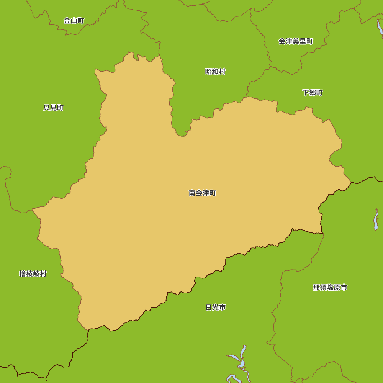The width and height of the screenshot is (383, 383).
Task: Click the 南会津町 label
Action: click(202, 193)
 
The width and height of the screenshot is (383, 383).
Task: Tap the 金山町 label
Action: click(74, 21)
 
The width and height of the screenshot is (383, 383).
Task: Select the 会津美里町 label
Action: click(296, 41)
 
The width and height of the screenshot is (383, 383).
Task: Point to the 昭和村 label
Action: click(215, 72)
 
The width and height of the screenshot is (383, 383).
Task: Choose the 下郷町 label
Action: click(313, 93)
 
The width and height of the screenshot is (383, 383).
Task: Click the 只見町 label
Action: click(54, 108)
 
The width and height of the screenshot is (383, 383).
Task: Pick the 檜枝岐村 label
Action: click(33, 274)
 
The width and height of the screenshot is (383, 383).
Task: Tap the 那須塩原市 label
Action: click(330, 287)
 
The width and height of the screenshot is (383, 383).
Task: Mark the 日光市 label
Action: click(216, 307)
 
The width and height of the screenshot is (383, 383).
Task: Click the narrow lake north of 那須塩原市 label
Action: click(376, 220)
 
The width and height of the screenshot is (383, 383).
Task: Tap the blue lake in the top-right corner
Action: click(380, 28)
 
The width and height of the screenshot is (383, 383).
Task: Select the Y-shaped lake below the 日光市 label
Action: click(241, 358)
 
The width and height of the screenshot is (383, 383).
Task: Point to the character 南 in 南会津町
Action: click(192, 193)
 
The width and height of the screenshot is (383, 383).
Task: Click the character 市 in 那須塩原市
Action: click(344, 287)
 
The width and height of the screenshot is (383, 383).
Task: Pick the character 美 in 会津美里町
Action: click(296, 41)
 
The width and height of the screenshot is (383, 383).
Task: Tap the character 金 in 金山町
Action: click(67, 21)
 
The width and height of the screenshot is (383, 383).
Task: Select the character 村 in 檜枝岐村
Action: click(43, 274)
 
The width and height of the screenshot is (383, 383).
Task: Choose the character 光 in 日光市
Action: click(216, 307)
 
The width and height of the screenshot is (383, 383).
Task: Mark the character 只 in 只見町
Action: click(47, 108)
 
